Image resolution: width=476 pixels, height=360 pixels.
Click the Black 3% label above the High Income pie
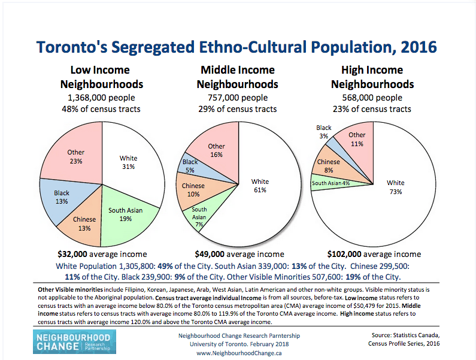[x=324, y=132]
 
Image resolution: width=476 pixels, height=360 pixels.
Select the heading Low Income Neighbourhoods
[x=103, y=77]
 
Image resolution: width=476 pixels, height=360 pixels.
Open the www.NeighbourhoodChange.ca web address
[x=239, y=353]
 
